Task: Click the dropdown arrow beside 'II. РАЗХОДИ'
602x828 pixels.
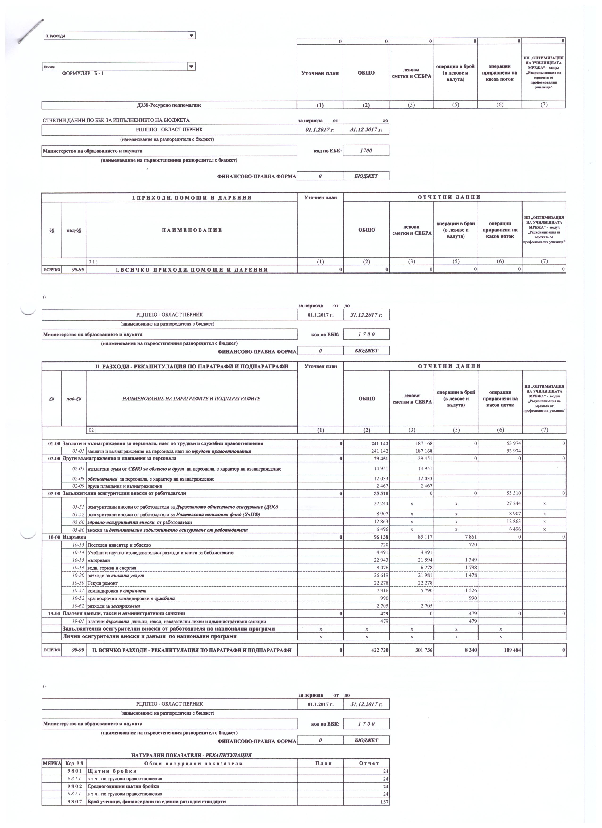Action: coord(191,35)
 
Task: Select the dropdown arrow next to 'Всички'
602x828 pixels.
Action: coord(191,66)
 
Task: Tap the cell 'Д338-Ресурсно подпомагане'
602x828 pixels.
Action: coord(169,105)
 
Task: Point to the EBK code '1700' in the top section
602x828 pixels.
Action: coord(366,151)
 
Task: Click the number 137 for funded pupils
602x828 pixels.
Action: coord(385,812)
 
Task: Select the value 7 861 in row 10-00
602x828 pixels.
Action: coord(469,537)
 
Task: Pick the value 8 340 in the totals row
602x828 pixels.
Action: coord(469,650)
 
